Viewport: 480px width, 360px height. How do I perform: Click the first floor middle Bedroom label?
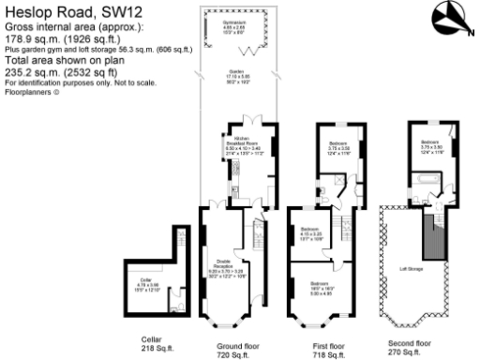coord(312,232)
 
